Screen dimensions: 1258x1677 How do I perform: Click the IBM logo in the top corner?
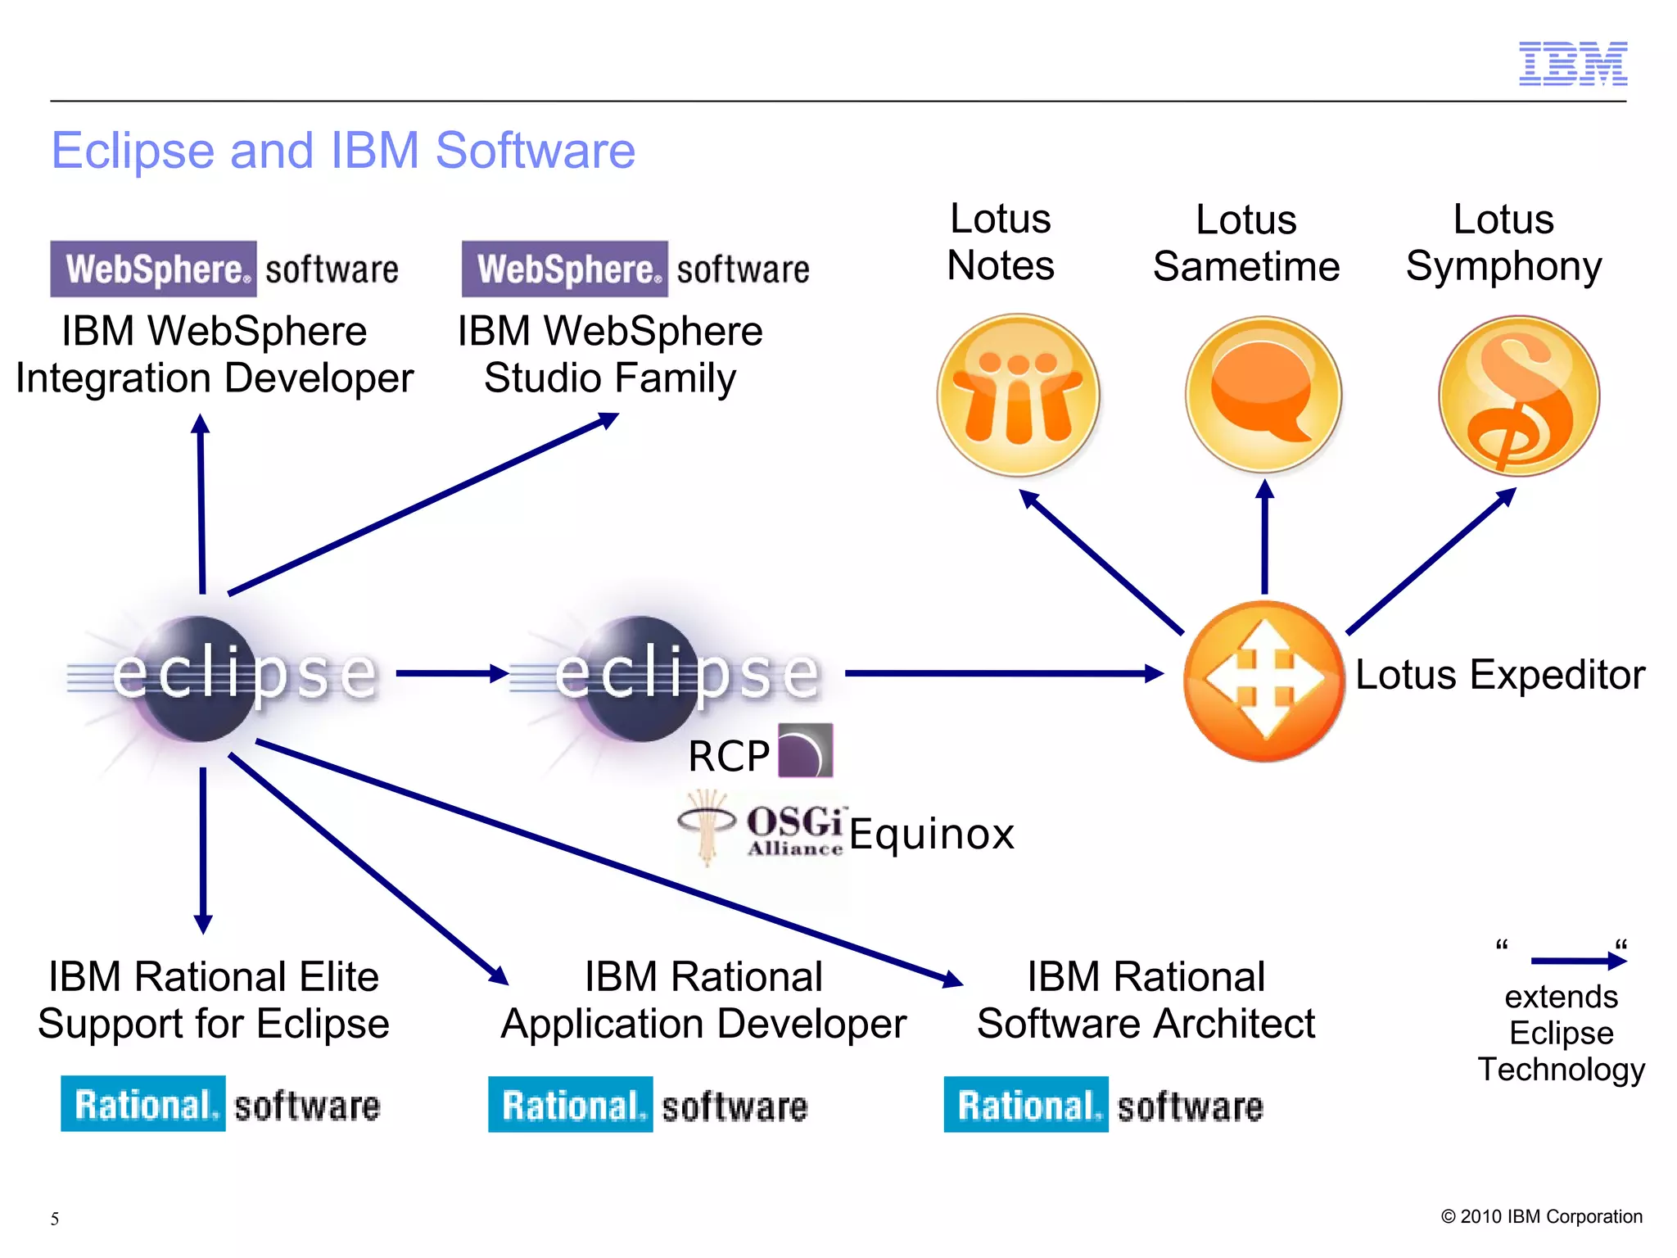pos(1572,63)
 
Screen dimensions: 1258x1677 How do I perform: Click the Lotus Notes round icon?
pos(1018,395)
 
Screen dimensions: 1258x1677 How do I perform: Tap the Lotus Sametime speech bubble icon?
pos(1263,395)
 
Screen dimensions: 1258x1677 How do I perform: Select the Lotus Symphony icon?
pos(1518,395)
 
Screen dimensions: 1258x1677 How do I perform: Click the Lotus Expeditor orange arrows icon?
pos(1263,680)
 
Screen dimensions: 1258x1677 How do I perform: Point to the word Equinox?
pos(932,834)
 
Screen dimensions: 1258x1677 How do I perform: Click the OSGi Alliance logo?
pos(762,827)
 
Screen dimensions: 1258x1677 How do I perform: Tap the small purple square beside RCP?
pos(805,750)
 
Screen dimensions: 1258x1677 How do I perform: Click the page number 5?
pos(55,1219)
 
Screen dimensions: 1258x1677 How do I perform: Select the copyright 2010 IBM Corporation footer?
pos(1541,1216)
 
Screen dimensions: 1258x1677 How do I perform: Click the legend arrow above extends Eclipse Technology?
pos(1577,961)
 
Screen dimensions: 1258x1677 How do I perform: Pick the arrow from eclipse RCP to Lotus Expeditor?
pos(1003,673)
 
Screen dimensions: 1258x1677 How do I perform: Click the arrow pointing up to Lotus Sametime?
pos(1264,536)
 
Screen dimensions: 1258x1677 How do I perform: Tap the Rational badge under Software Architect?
pos(1025,1105)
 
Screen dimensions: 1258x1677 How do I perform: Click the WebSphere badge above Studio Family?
pos(564,269)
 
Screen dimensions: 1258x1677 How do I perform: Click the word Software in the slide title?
pos(535,151)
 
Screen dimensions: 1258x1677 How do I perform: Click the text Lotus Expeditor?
pos(1499,675)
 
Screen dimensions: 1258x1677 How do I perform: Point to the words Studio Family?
pos(609,378)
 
